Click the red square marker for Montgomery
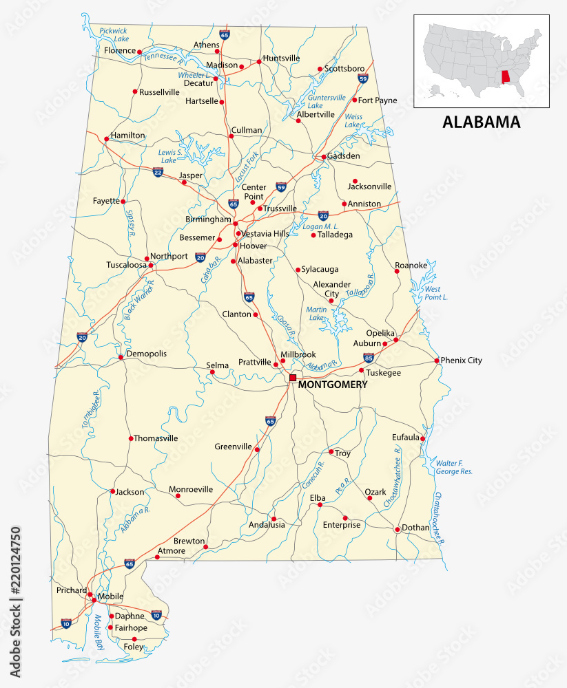pos(293,378)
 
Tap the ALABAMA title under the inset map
pos(481,122)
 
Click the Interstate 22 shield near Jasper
pos(158,171)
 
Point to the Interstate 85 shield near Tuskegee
pos(369,358)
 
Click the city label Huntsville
pos(281,58)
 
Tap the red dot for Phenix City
pos(437,361)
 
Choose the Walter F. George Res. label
pos(454,467)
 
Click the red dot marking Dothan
pos(397,530)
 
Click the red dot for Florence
pos(140,52)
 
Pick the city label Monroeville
pos(191,489)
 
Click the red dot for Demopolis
pos(121,357)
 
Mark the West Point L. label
pos(431,293)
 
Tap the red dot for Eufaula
pos(422,439)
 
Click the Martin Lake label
pos(316,314)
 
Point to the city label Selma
pos(218,365)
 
